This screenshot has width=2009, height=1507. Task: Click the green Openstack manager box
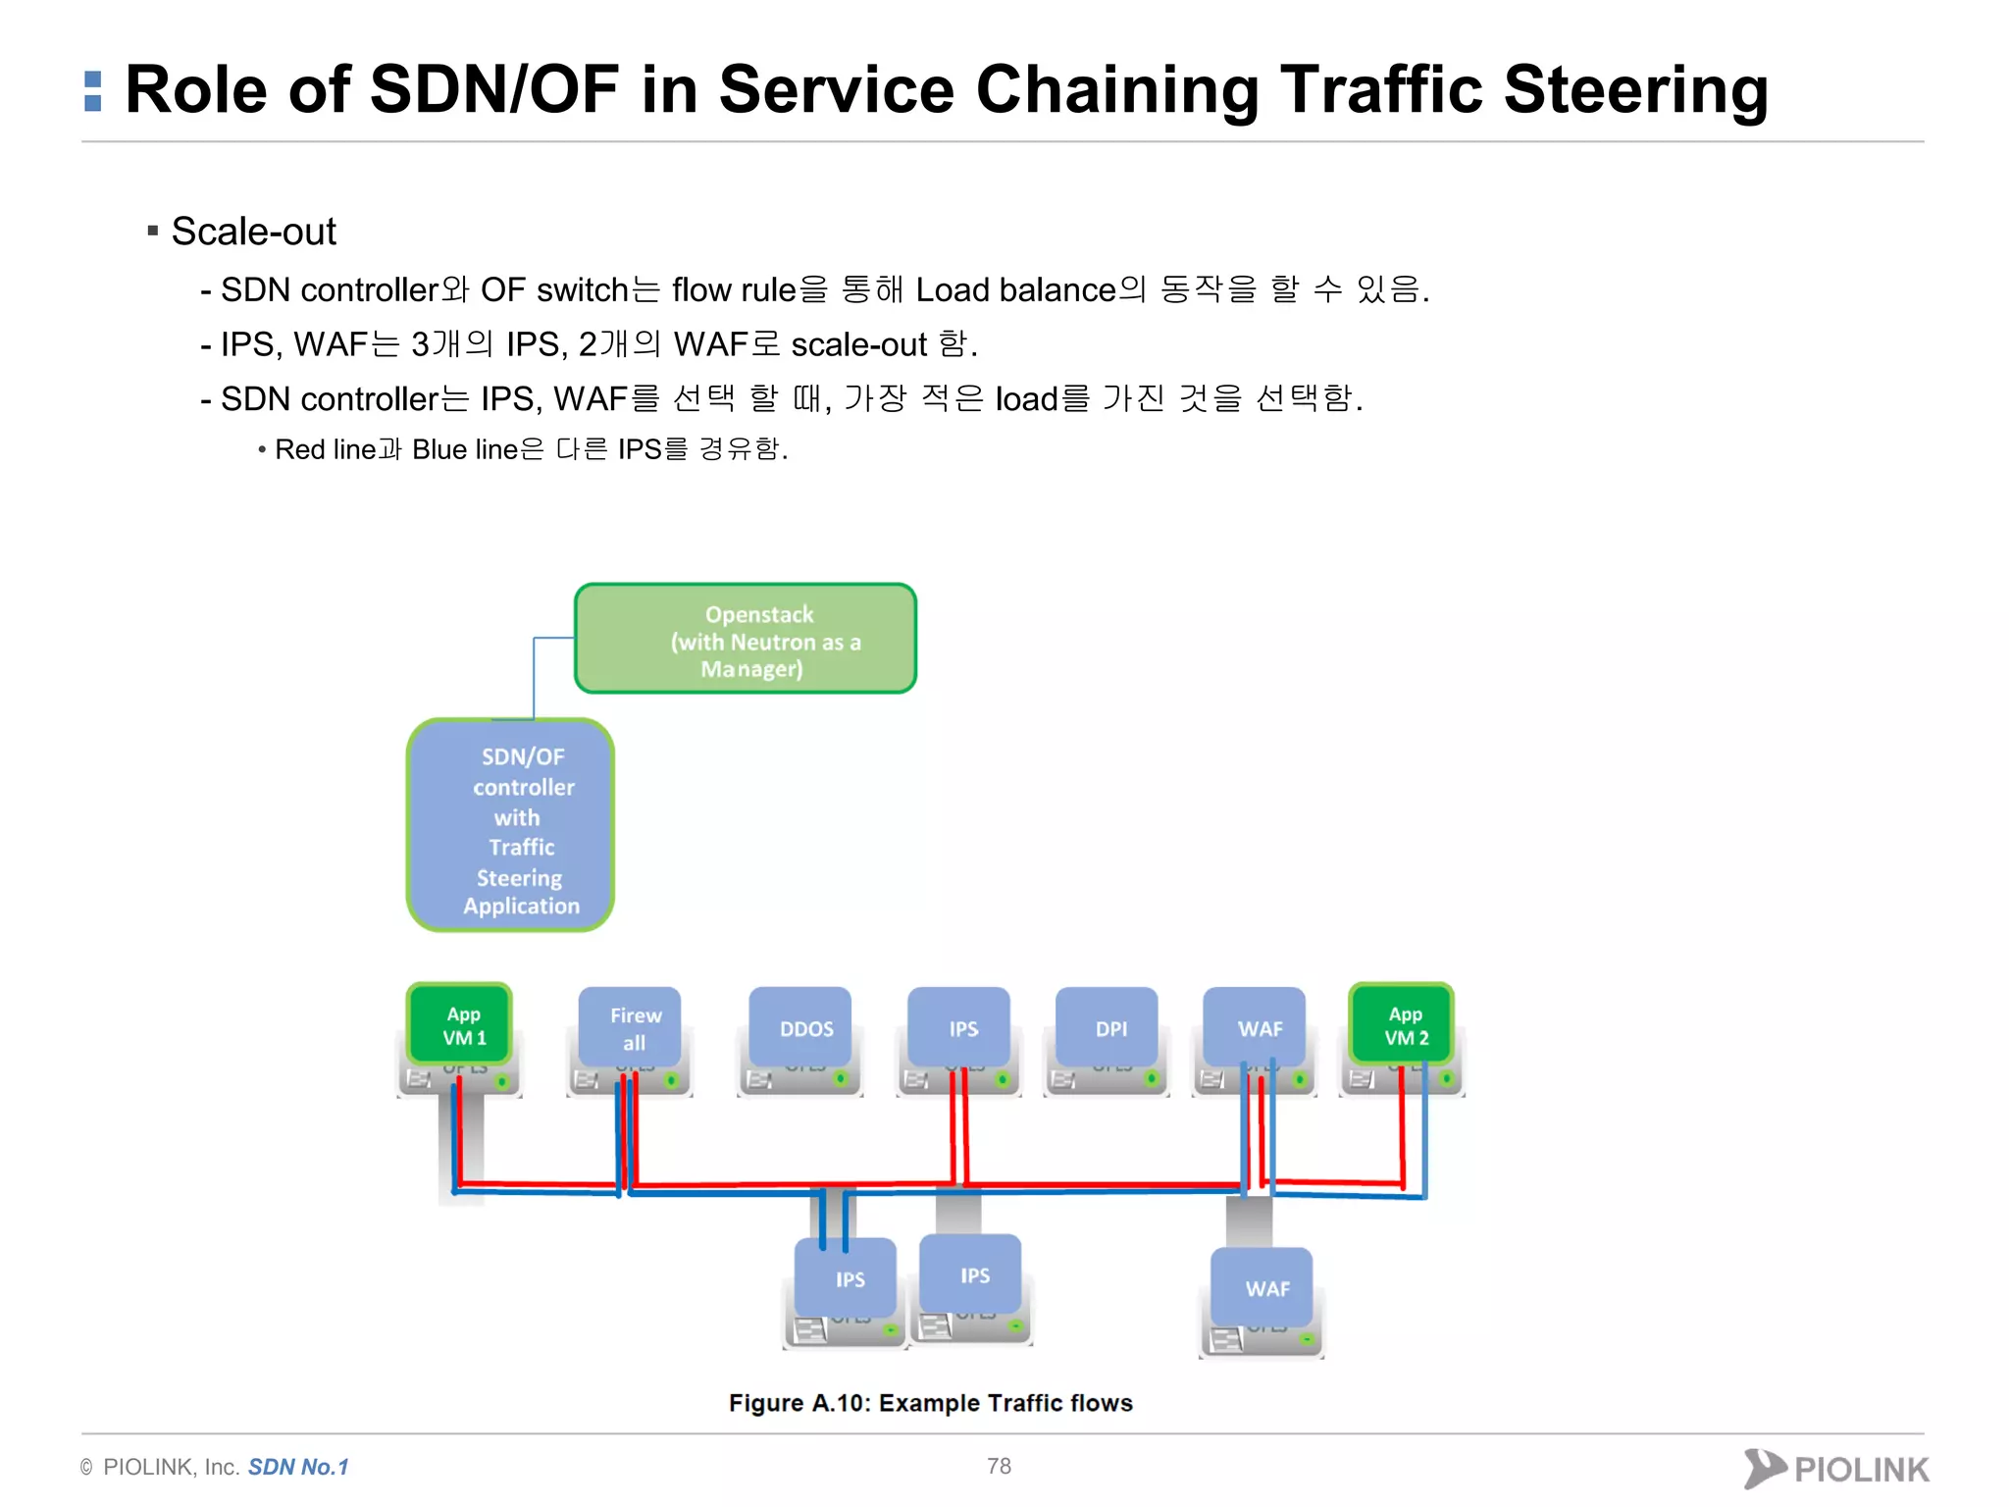746,639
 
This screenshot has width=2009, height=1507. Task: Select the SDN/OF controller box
511,825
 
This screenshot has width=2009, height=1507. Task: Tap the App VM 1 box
460,1024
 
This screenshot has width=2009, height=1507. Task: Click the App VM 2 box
1402,1024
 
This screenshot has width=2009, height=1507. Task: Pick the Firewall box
630,1027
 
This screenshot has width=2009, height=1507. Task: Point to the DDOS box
800,1027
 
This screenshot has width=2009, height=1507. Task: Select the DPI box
1107,1027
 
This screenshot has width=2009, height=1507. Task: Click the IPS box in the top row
958,1027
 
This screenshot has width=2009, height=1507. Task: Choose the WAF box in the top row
1255,1027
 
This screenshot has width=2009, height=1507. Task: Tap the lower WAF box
1262,1287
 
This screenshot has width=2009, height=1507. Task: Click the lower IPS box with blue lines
846,1278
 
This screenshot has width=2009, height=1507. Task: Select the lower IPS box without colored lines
970,1274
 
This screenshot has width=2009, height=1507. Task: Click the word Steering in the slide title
1635,89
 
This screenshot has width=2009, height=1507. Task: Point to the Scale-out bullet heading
253,232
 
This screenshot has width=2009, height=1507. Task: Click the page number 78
999,1466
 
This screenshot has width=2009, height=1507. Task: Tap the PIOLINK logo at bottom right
1835,1469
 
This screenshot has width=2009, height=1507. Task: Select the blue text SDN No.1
298,1467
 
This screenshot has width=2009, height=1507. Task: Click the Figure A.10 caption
930,1403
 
